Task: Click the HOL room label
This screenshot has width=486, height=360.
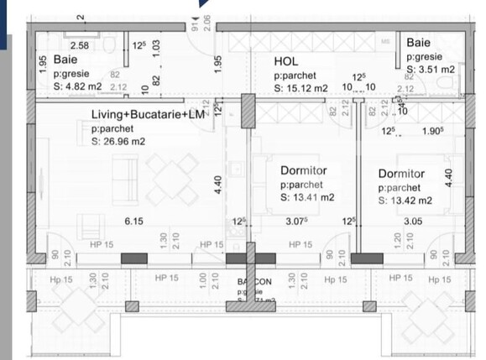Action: tap(286, 61)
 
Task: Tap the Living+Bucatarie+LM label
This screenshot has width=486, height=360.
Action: tap(148, 113)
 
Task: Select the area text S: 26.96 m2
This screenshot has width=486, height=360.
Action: tap(118, 141)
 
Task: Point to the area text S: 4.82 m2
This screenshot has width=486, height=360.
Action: tap(78, 85)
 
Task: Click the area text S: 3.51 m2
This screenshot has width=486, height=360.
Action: tap(431, 70)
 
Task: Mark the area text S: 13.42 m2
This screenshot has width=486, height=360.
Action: tap(405, 200)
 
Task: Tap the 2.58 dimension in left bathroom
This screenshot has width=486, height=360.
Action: tap(81, 45)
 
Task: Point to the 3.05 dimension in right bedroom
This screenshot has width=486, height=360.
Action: tap(390, 222)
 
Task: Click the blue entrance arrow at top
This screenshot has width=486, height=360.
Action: tap(204, 3)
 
